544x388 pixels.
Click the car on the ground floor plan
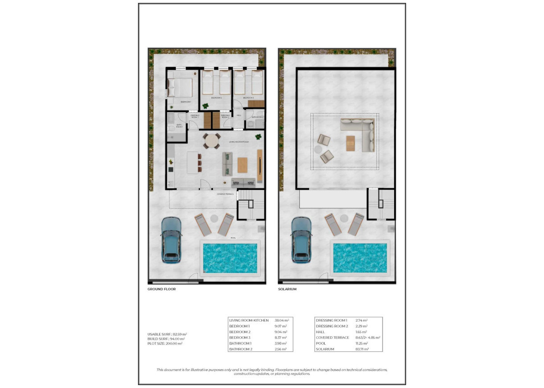coord(171,239)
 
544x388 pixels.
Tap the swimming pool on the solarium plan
coord(360,257)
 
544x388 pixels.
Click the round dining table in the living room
coord(212,141)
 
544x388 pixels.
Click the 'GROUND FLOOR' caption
coord(161,289)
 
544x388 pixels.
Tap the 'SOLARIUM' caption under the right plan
coord(288,289)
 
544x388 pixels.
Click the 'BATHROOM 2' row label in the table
coord(240,349)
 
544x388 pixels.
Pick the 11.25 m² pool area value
coord(362,343)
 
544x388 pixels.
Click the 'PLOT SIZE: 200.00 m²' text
coord(165,343)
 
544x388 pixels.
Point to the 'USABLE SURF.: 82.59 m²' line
coord(167,334)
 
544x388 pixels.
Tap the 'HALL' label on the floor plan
coord(239,115)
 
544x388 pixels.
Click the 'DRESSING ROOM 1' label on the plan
coord(194,116)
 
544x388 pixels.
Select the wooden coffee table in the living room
coord(242,165)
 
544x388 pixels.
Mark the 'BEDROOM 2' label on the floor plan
coord(216,97)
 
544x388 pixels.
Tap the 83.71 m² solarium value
coord(362,349)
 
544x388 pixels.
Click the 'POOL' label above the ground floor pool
coord(233,238)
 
